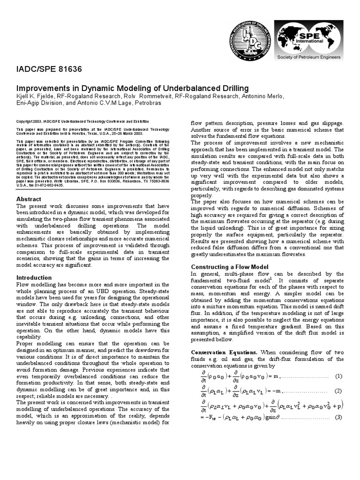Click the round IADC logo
[x=250, y=42]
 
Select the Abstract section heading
[x=29, y=199]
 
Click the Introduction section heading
[x=34, y=277]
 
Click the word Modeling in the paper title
[x=113, y=88]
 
